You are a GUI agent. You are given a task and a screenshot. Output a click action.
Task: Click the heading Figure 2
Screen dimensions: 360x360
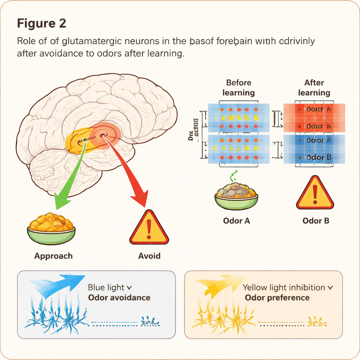point(41,24)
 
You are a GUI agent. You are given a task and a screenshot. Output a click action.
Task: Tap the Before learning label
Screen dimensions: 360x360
point(239,88)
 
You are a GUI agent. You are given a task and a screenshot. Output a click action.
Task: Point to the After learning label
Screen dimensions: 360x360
point(314,88)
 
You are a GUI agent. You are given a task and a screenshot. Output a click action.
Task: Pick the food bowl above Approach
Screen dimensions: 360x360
point(51,229)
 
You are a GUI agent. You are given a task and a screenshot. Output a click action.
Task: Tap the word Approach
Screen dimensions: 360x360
point(53,256)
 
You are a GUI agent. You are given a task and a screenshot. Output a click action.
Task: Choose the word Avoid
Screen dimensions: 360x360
point(149,256)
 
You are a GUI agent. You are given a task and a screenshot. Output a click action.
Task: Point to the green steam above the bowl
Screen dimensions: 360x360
point(232,176)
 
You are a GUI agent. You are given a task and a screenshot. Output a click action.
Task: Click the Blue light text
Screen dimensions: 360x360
point(106,288)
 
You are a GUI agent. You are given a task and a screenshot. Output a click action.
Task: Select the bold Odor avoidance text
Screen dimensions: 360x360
point(119,298)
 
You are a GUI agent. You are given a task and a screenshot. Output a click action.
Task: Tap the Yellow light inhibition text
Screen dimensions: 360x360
point(284,288)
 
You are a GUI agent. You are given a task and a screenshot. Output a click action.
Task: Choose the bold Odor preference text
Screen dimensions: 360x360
point(277,298)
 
